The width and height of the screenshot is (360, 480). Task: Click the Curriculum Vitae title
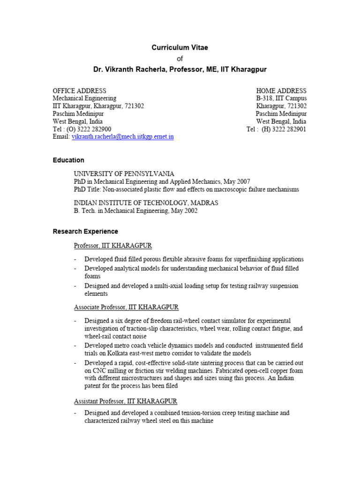point(180,47)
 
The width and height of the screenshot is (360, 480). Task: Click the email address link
point(122,137)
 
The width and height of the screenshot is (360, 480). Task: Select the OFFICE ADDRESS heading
point(79,90)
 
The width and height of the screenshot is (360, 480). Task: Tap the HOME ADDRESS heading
point(281,90)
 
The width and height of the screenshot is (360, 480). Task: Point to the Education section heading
point(68,160)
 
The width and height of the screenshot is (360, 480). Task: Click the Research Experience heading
point(85,232)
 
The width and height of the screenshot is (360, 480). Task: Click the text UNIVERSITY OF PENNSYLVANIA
point(124,173)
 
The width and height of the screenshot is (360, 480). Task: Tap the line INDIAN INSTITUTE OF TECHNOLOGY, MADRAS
point(146,202)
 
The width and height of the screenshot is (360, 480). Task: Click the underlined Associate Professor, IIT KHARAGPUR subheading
point(126,307)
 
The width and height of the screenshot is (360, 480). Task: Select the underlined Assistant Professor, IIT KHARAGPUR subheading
point(126,402)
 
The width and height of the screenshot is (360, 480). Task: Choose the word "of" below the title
point(180,59)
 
